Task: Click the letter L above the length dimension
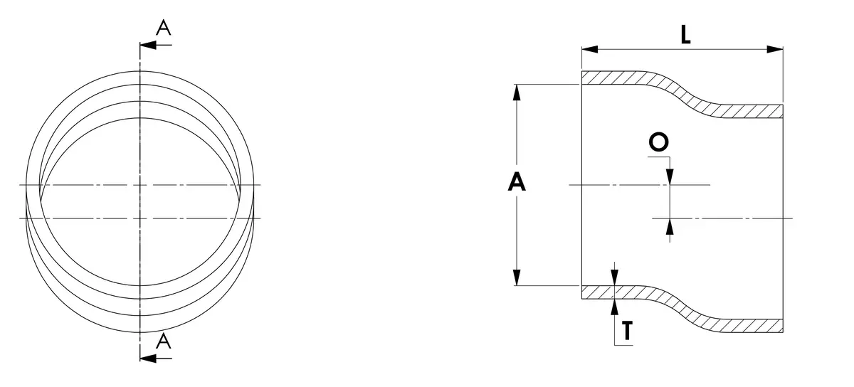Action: (x=685, y=35)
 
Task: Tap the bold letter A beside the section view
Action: (x=517, y=182)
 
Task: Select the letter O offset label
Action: (x=658, y=142)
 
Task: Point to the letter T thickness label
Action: (x=627, y=330)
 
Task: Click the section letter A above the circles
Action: (x=164, y=28)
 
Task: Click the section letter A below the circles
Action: (x=164, y=341)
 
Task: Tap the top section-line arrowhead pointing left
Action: (x=148, y=45)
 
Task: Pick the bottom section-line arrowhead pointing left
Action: (x=148, y=359)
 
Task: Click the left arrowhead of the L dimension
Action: (x=590, y=49)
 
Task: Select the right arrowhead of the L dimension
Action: (x=775, y=49)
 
